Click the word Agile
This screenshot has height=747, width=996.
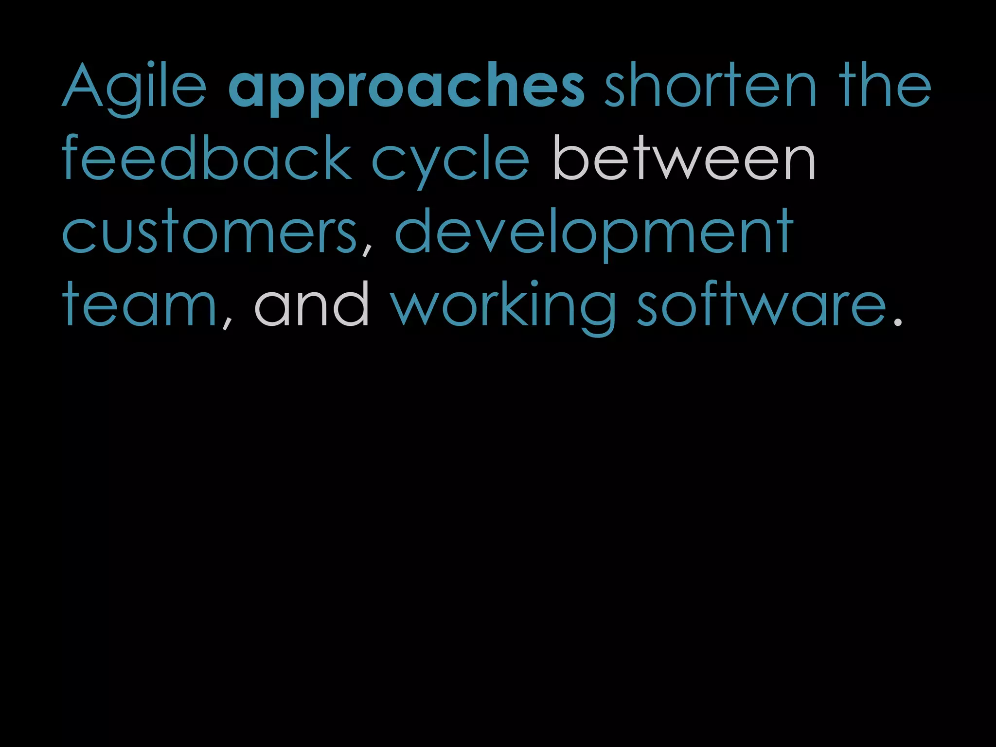pos(134,88)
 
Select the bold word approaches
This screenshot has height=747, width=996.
pos(407,88)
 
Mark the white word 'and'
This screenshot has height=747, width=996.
pos(311,303)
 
